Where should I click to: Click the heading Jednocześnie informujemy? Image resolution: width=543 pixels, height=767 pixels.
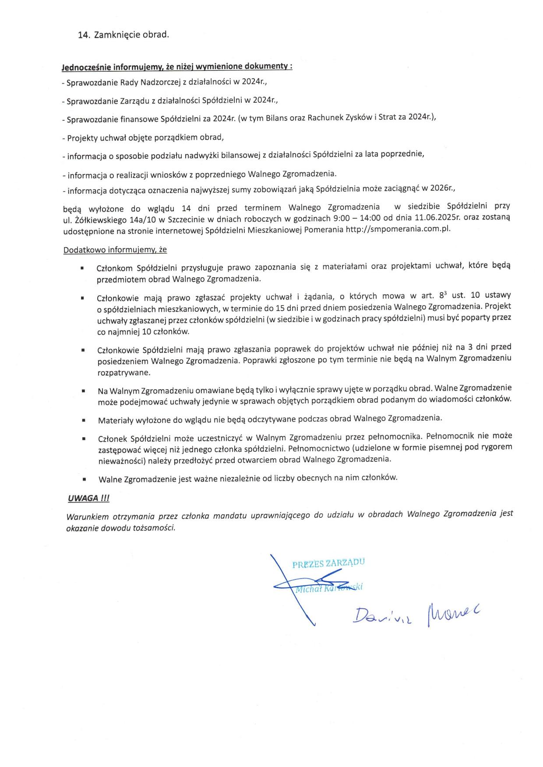177,67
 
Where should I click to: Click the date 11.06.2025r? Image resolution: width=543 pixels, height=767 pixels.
438,217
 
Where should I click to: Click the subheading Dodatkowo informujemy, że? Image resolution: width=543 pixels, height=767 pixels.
115,250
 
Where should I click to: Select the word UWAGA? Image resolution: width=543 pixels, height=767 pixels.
83,498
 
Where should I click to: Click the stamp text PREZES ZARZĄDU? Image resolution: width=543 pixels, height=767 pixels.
328,563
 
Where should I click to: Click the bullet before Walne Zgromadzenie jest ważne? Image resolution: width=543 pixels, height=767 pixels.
84,479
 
